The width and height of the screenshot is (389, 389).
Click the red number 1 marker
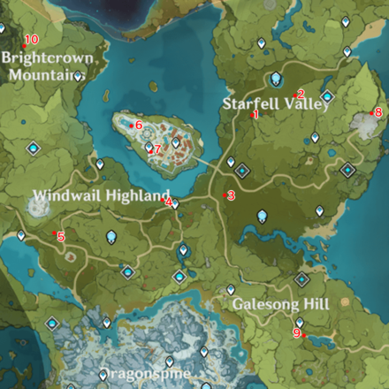click(255, 115)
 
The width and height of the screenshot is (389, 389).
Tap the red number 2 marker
click(300, 95)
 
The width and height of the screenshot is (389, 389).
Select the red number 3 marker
click(229, 195)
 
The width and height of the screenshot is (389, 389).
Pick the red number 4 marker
click(167, 201)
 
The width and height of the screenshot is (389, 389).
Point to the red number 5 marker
click(59, 236)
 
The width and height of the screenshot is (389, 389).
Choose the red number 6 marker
click(137, 125)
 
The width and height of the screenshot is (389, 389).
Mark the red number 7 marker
click(156, 149)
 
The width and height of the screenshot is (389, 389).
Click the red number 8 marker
click(377, 112)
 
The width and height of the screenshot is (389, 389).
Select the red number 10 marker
click(30, 40)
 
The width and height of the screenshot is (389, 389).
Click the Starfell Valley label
click(276, 104)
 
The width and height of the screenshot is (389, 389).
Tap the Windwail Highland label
click(100, 194)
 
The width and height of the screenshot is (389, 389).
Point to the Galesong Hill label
click(281, 303)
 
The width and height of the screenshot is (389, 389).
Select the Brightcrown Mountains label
click(46, 65)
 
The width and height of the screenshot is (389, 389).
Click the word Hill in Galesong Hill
click(316, 303)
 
